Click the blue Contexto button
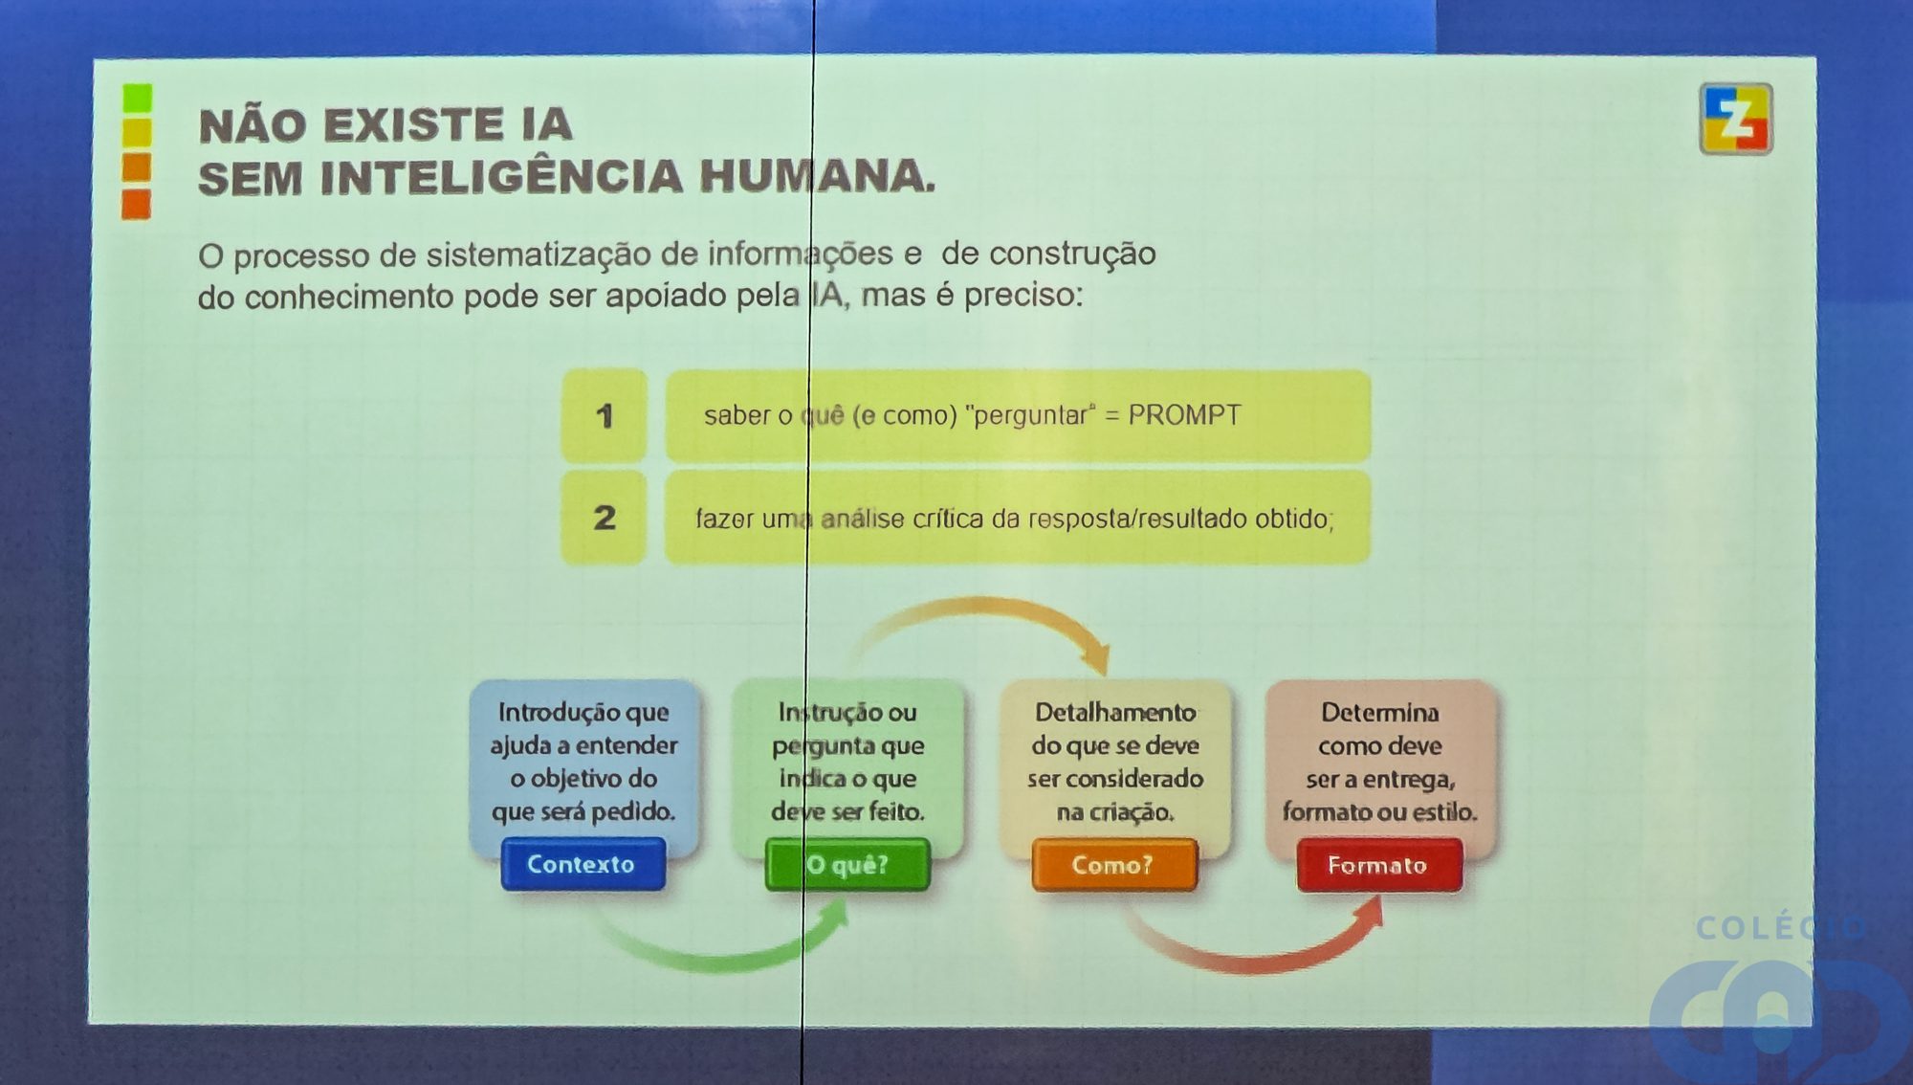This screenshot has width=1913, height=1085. click(583, 864)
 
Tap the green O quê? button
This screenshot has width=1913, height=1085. click(847, 865)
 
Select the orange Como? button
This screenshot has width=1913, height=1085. click(1114, 865)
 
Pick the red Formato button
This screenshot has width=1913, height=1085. click(1379, 865)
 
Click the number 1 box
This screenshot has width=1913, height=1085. click(604, 416)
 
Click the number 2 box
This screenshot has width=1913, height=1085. click(604, 518)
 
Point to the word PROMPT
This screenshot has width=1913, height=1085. click(1184, 414)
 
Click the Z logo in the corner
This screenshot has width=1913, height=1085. click(1736, 119)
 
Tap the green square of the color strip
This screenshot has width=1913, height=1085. click(138, 98)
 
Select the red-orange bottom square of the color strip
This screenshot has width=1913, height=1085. click(136, 204)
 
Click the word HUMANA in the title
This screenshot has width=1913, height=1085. click(818, 177)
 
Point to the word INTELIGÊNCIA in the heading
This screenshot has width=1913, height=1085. click(501, 176)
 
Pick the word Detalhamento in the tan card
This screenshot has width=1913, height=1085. click(1115, 713)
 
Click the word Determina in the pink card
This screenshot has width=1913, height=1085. click(1380, 713)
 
